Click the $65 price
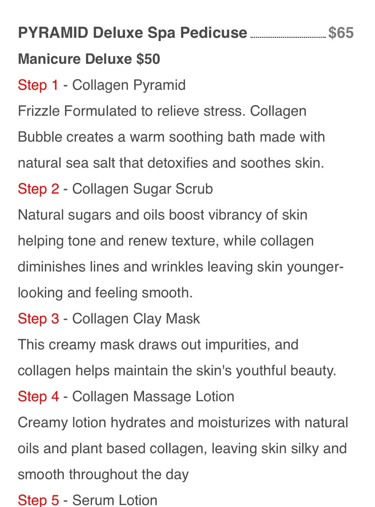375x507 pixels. point(341,33)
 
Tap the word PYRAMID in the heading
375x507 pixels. point(53,32)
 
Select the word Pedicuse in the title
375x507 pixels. point(214,32)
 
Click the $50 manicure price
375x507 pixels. point(148,59)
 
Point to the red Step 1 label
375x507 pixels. point(38,85)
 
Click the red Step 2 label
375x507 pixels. point(38,189)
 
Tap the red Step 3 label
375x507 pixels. point(38,319)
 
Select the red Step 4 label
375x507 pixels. point(38,397)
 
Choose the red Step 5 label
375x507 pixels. point(38,501)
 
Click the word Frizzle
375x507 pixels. point(38,111)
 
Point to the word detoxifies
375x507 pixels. point(178,163)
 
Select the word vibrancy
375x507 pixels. point(215,216)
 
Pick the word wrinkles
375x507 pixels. point(177,267)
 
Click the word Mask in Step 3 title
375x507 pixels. point(183,319)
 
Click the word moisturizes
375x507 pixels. point(234,423)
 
